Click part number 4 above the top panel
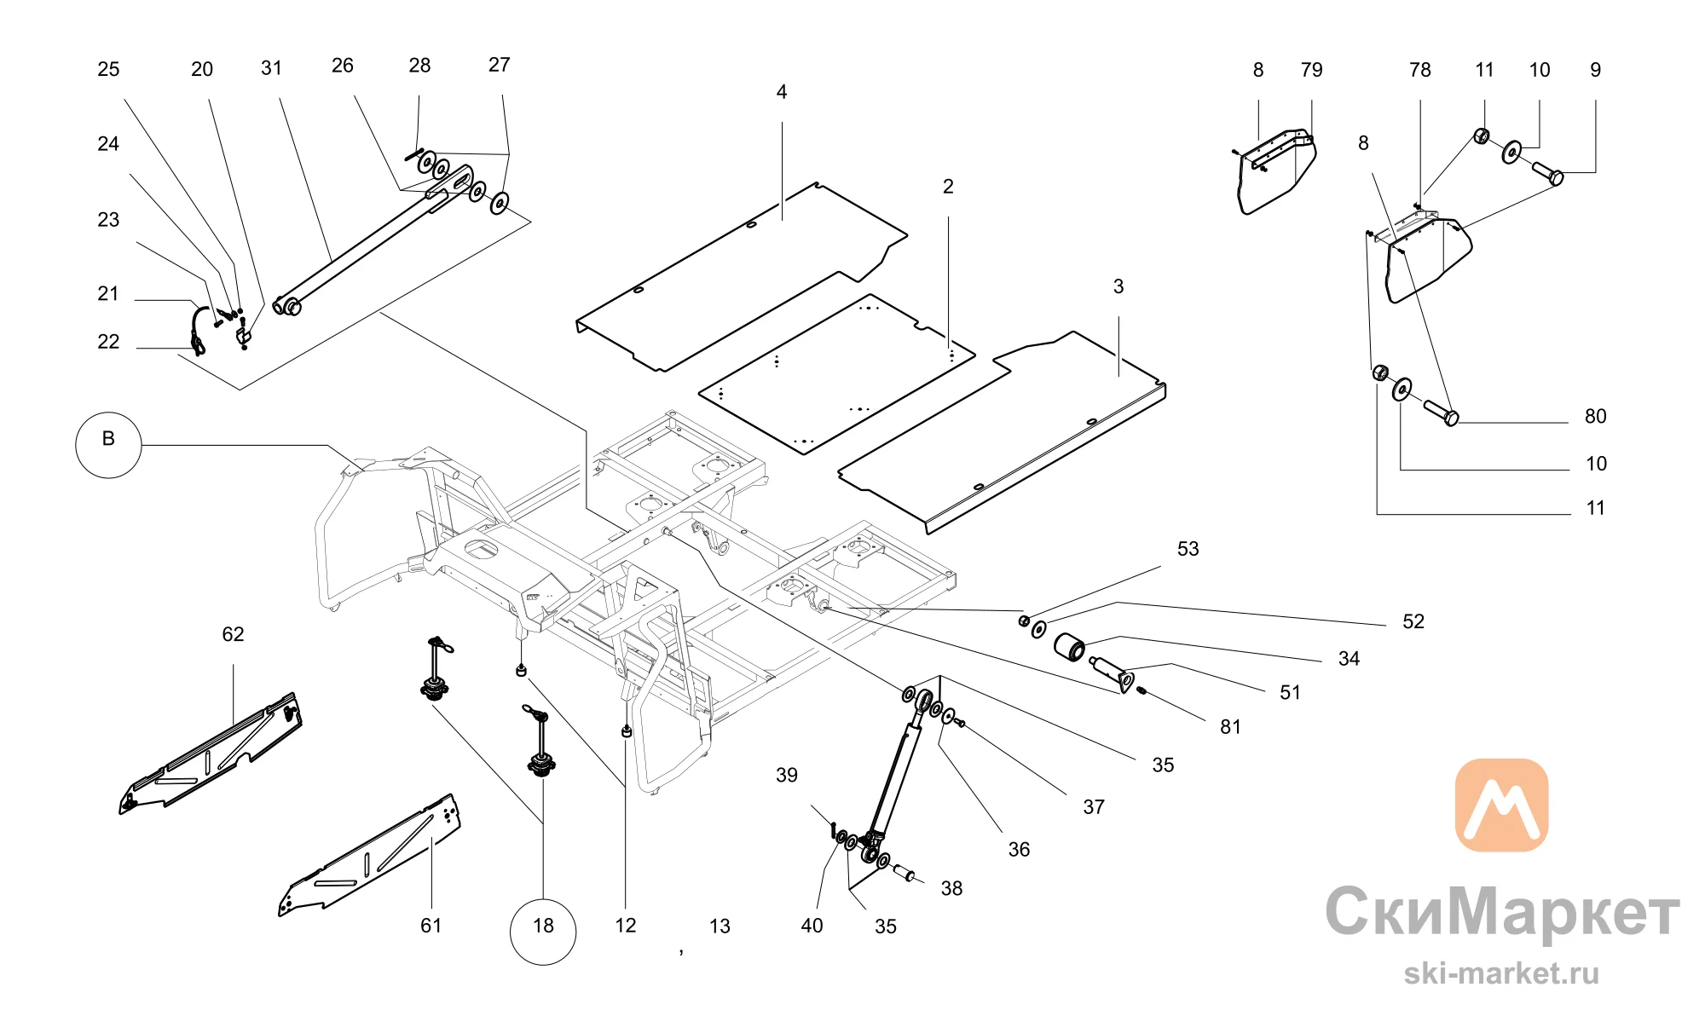782,92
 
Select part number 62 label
233,634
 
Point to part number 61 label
431,926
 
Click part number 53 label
1188,549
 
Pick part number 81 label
1230,727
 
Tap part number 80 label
1595,416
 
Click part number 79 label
1312,70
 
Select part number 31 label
271,68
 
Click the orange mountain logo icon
1501,805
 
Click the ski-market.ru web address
1502,973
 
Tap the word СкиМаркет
1502,912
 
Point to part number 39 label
787,775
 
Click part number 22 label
108,342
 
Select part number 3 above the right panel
1118,286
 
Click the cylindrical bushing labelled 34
1070,647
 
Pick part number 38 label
951,888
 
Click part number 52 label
1413,621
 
